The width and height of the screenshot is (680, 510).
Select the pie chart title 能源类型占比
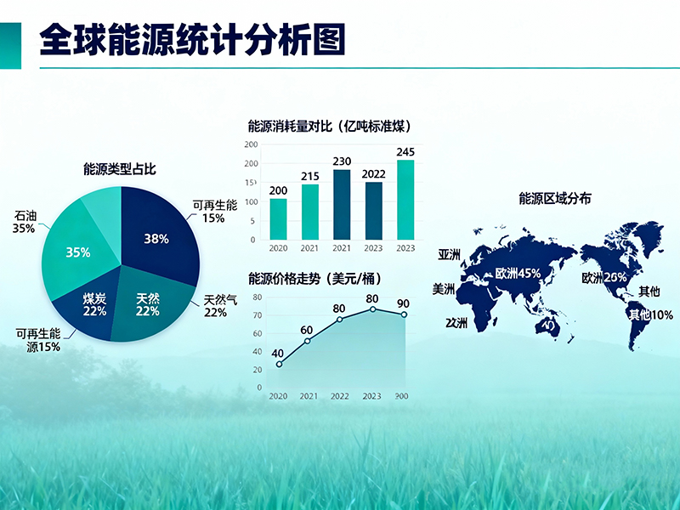120,169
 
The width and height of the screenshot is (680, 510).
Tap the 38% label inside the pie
156,239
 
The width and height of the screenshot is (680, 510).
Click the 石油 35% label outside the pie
24,222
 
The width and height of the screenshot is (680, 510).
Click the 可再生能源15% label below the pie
37,340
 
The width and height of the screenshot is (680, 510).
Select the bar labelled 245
405,200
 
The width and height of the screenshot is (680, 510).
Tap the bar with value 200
278,219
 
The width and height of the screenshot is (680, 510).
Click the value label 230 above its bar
342,161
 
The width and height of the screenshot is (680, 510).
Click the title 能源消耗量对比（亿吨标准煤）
330,126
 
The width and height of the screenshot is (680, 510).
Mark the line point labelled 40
279,364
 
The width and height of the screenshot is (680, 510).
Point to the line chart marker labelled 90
404,314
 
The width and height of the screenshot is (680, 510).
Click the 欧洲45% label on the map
518,273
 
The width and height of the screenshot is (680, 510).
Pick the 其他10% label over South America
650,314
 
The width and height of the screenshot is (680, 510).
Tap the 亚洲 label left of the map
450,255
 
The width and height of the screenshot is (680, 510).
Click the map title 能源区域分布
555,199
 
